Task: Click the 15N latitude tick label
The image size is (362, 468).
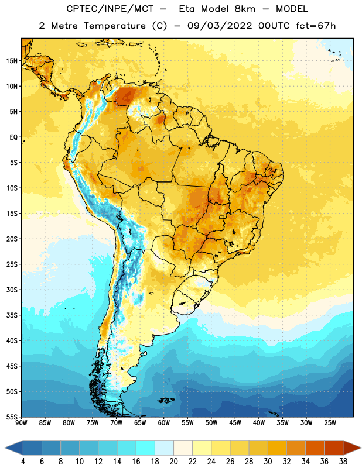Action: pos(12,61)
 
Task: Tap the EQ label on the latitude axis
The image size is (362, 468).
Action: pos(13,137)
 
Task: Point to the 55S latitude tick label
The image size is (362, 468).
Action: pos(12,417)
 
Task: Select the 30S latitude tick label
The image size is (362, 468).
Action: pos(12,290)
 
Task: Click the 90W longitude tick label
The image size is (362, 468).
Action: pos(21,423)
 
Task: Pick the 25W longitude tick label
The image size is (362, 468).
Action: pos(330,423)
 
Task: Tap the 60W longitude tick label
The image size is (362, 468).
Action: pos(164,423)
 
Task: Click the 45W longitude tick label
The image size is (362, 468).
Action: pos(235,423)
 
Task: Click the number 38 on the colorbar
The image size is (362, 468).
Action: pos(343,462)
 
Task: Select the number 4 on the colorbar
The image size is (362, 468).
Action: pos(23,462)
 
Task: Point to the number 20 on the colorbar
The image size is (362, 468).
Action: pos(173,462)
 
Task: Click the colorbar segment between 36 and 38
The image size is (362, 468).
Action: pos(334,448)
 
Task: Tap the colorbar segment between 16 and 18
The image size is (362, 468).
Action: pos(145,448)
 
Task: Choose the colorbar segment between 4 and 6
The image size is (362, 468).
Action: pos(32,448)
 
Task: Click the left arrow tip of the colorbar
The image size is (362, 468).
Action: pos(5,448)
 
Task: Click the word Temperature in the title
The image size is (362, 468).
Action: pos(114,26)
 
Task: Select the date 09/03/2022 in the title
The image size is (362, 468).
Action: pos(220,26)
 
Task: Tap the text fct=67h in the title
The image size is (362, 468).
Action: pos(316,26)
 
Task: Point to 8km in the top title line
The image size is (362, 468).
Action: pos(245,9)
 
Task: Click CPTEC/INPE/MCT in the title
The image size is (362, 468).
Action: pos(110,9)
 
